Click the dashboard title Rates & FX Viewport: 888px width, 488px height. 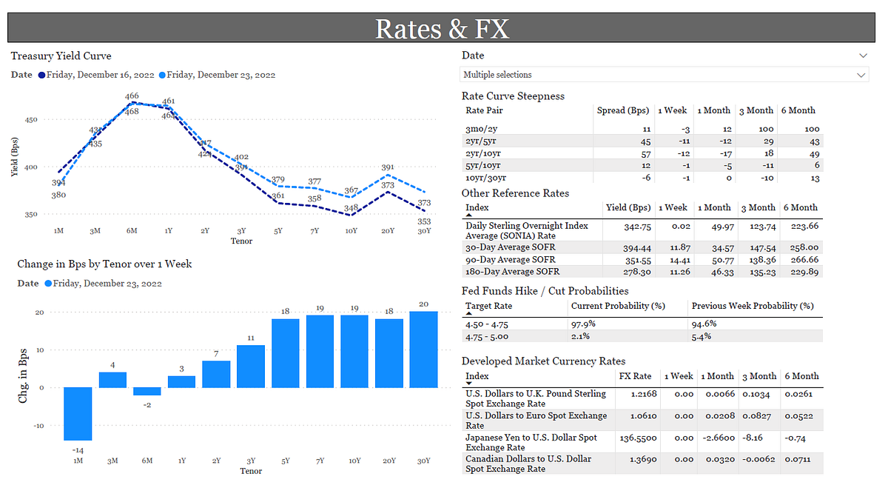tap(443, 28)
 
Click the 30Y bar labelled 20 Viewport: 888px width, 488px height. tap(424, 349)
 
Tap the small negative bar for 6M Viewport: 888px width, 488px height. tap(147, 391)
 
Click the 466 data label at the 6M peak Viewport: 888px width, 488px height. tap(132, 96)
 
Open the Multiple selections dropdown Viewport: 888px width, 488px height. tap(664, 75)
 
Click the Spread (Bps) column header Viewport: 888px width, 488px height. tap(622, 110)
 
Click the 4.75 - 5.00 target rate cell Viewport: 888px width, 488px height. tap(486, 336)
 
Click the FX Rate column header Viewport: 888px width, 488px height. tap(635, 376)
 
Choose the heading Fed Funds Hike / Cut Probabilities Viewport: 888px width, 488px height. tap(545, 291)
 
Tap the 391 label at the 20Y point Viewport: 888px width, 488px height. tap(388, 168)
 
